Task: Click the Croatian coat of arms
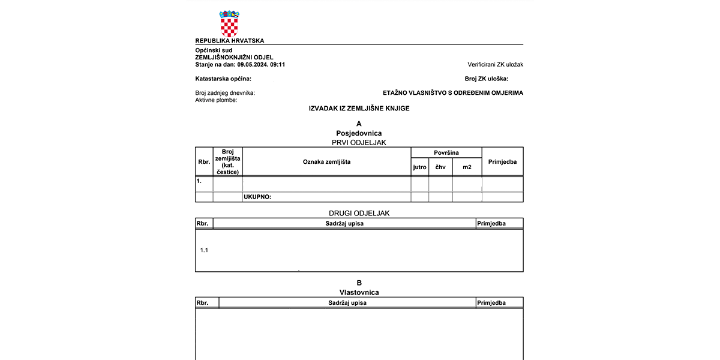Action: click(229, 23)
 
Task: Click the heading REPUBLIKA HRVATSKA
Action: click(230, 41)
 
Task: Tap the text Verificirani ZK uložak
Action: click(495, 64)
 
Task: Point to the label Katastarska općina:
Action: click(223, 79)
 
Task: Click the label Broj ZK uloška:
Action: click(486, 79)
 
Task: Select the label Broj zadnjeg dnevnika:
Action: click(225, 93)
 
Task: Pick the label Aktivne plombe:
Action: click(216, 100)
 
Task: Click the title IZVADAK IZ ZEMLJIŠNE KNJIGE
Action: click(359, 109)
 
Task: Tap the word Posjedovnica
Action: click(359, 133)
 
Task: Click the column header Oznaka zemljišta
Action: click(326, 161)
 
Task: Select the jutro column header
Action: click(419, 167)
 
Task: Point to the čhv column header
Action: click(440, 167)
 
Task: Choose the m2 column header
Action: click(467, 167)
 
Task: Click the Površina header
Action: click(446, 153)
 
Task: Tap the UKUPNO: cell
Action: click(258, 197)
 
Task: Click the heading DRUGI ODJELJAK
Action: click(359, 213)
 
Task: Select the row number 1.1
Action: click(204, 250)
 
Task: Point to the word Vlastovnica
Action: click(359, 292)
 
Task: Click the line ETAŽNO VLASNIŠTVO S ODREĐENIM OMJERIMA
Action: click(453, 93)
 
